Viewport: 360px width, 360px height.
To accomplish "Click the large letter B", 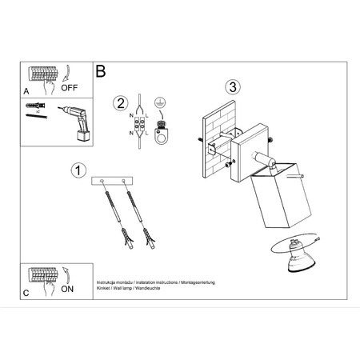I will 101,71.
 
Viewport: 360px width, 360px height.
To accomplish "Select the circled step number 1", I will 78,170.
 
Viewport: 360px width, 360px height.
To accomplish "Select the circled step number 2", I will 120,102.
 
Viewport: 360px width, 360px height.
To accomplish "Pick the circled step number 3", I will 232,86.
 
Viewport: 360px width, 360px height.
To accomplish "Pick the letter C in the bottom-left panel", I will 26,293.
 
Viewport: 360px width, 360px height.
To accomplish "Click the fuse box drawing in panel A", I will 43,75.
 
